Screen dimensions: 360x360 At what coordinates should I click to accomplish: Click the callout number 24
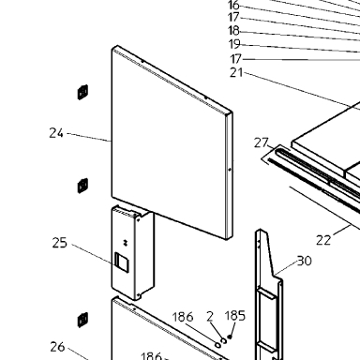(56, 133)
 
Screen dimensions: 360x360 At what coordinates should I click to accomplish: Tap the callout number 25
(59, 243)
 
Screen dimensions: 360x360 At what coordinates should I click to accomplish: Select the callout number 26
(57, 347)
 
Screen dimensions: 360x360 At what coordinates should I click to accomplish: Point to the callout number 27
(262, 142)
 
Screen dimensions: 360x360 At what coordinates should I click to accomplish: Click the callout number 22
(323, 240)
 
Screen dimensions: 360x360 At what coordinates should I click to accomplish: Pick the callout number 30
(304, 261)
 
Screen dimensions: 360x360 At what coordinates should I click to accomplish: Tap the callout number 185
(235, 316)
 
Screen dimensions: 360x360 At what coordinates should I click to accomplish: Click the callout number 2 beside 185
(210, 317)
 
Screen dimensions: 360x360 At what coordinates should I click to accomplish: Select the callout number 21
(236, 72)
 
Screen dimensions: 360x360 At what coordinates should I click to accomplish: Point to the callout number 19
(234, 44)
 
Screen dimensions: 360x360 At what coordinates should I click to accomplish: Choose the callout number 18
(233, 31)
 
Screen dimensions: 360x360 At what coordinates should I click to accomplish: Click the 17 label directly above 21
(236, 59)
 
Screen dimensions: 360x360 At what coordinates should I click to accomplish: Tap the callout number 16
(233, 6)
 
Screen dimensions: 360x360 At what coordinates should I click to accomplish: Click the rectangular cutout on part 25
(122, 262)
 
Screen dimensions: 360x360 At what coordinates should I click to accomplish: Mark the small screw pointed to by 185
(230, 337)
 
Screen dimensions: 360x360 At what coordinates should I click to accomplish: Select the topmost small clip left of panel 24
(82, 92)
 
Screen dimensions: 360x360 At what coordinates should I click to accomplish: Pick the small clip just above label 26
(82, 320)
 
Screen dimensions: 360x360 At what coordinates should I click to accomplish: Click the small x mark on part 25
(126, 242)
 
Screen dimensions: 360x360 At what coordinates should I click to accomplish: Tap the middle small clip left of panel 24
(82, 186)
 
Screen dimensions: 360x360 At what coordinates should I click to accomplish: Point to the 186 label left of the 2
(183, 317)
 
